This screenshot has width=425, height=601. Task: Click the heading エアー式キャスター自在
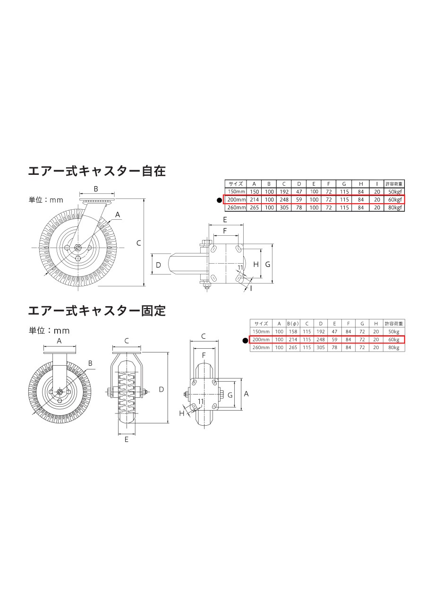(97, 171)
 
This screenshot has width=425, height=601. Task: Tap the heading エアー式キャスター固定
(97, 310)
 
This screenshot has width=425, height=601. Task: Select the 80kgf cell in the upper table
(395, 208)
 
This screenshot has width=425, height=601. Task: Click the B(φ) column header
(293, 324)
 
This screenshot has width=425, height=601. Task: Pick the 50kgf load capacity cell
(395, 191)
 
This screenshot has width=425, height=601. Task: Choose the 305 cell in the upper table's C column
(284, 208)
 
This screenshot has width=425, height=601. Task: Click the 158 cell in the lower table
(293, 332)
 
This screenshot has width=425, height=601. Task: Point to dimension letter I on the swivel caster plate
(251, 288)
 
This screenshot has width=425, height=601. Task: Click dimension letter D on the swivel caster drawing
(158, 265)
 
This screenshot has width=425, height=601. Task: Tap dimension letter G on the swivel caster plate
(268, 264)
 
